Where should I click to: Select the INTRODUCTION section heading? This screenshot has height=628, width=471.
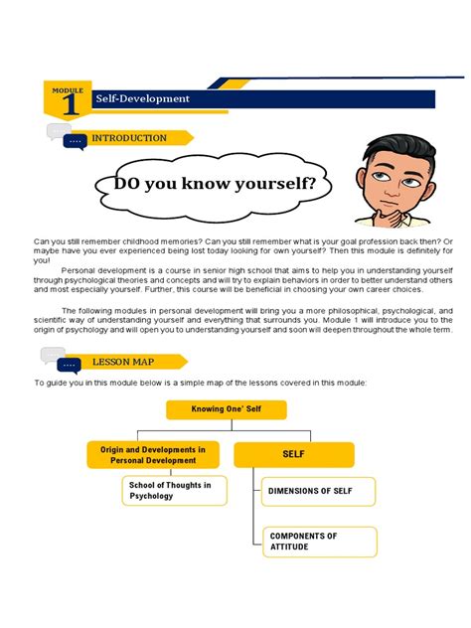129,138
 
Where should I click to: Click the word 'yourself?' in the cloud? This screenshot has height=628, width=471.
273,184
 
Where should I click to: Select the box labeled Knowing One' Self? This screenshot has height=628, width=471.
226,408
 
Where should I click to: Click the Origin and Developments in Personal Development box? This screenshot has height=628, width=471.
153,455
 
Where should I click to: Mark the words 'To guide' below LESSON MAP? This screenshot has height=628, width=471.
53,383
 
